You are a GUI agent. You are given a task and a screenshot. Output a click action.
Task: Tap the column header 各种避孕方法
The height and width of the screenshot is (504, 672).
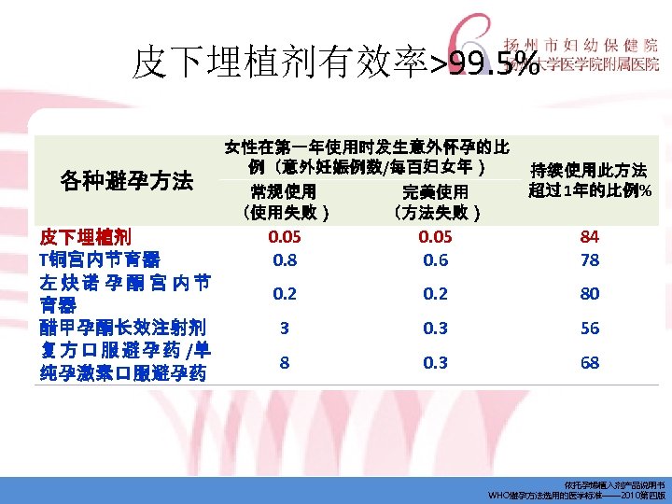(126, 180)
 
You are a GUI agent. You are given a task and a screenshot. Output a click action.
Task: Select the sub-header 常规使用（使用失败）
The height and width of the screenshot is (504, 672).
(284, 202)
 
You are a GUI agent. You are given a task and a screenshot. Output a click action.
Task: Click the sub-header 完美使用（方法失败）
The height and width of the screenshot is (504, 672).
(435, 202)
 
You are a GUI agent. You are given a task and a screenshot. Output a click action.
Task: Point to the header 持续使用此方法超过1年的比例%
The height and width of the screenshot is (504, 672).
(589, 180)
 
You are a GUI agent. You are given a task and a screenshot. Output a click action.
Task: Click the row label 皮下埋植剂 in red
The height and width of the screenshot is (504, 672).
(85, 235)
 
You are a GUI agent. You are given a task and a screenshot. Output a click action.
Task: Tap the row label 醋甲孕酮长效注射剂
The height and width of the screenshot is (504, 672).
(122, 328)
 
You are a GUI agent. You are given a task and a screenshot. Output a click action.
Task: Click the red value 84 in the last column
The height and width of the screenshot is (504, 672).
(590, 236)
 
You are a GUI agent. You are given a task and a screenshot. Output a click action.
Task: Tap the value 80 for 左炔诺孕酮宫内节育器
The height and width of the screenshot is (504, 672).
(590, 294)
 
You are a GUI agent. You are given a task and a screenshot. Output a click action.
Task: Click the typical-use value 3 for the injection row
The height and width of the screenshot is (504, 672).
(285, 329)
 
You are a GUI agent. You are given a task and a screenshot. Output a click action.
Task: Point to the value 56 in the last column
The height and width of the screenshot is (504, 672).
(590, 329)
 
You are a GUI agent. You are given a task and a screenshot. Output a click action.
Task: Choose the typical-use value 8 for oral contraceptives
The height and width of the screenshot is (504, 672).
(285, 362)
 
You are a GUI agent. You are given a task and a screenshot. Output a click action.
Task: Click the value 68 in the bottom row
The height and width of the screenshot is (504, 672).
(590, 362)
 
